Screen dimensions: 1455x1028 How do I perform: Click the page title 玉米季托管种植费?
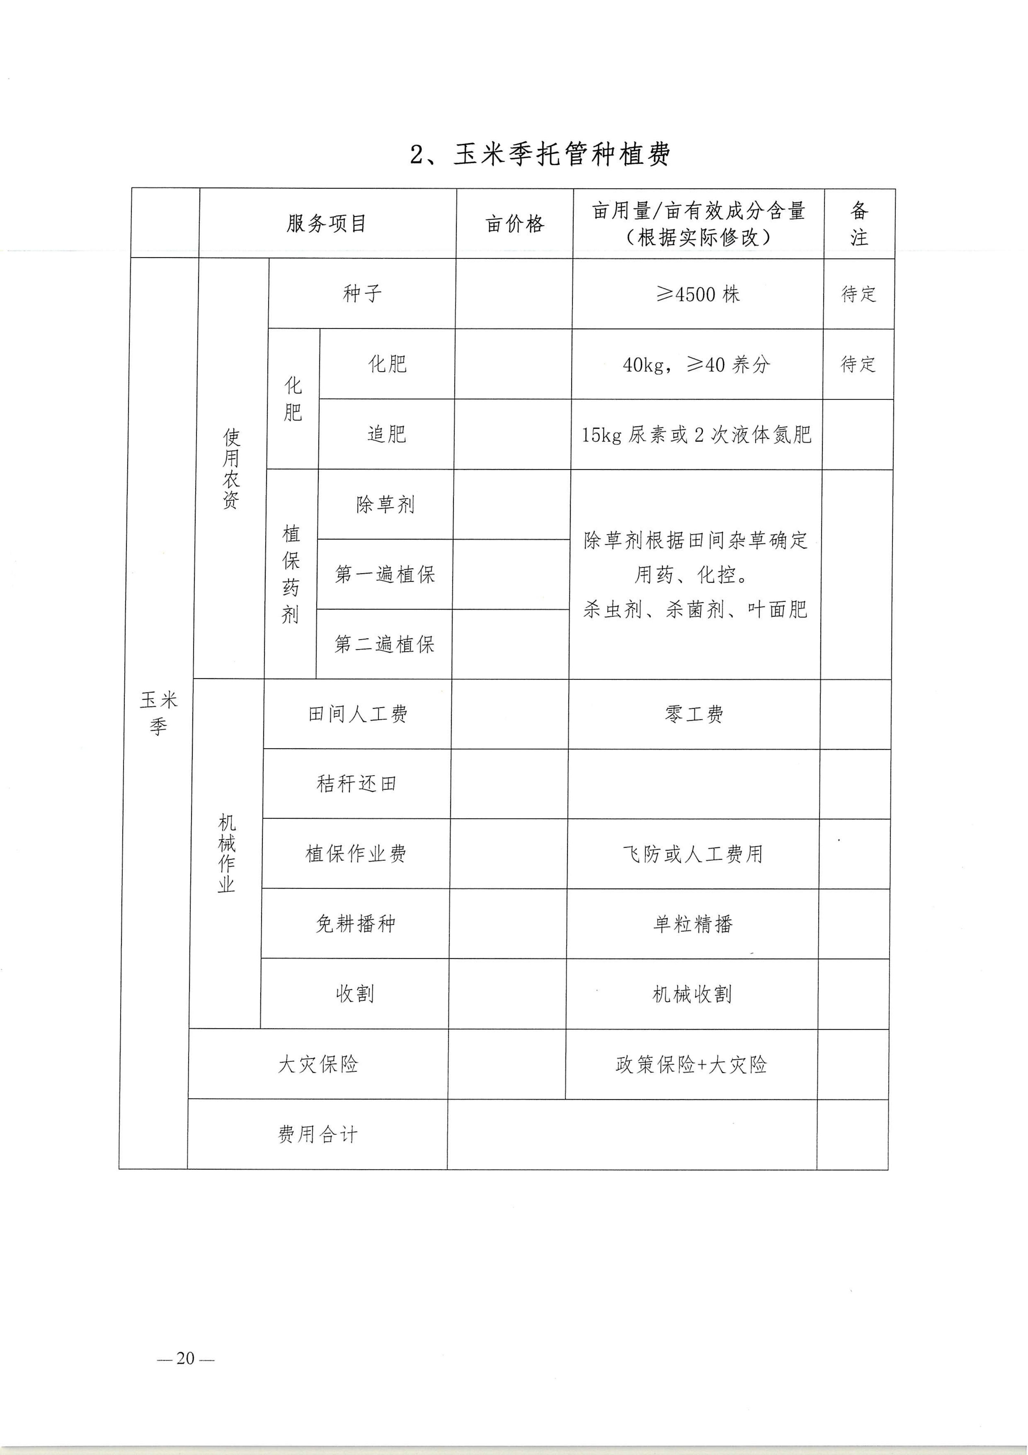[x=540, y=154]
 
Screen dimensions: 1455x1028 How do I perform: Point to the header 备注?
[x=859, y=224]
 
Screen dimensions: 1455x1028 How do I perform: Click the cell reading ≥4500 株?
[x=697, y=294]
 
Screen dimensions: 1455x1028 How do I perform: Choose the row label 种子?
[x=362, y=293]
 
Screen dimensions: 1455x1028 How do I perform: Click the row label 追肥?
[x=386, y=434]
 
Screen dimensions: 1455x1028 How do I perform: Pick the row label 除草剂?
[x=385, y=505]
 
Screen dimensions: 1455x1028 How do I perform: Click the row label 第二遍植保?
[x=384, y=645]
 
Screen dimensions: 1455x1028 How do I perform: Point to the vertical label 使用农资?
[x=231, y=469]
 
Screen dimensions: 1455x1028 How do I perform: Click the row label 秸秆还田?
[x=357, y=784]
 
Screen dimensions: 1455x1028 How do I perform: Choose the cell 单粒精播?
[x=693, y=924]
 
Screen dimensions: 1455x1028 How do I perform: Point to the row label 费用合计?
[x=317, y=1134]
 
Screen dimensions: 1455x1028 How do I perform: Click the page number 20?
[x=186, y=1358]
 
